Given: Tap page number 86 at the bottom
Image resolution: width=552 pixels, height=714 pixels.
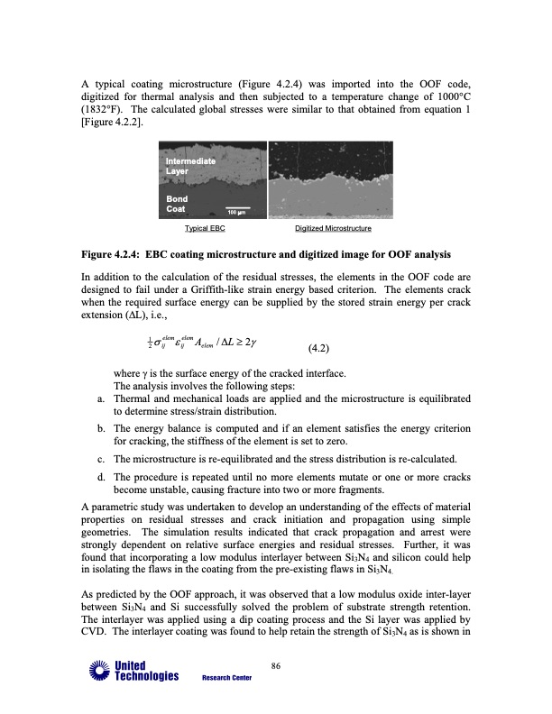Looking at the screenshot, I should coord(276,666).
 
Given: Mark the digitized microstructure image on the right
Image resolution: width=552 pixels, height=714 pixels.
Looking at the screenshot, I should coord(331,179).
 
